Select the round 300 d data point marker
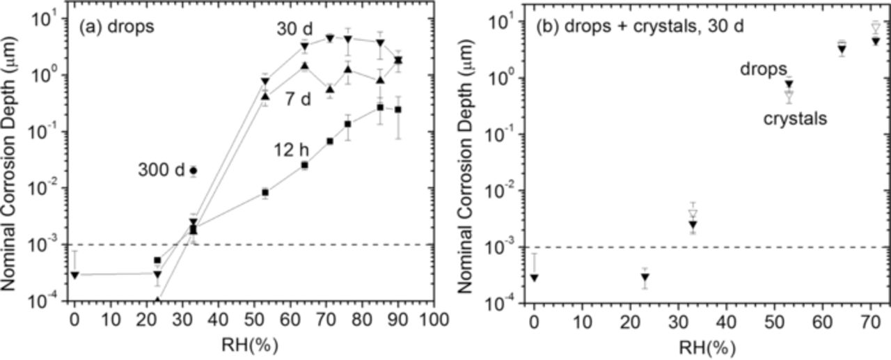(194, 170)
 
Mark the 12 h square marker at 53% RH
(265, 192)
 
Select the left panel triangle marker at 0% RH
(74, 275)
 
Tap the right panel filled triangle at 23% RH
(645, 277)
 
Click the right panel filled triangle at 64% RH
(842, 49)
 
